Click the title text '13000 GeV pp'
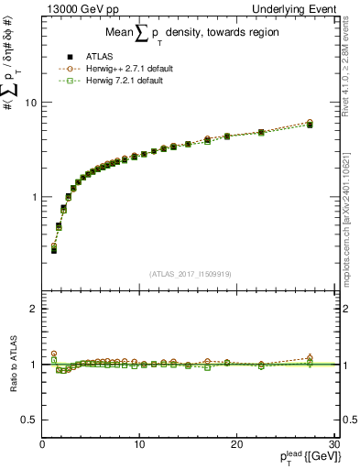[74, 8]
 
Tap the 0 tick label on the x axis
[42, 444]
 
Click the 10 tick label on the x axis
[139, 444]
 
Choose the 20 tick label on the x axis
[236, 444]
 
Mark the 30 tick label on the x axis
[333, 444]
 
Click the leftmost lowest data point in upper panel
[54, 249]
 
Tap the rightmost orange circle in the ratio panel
[310, 357]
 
